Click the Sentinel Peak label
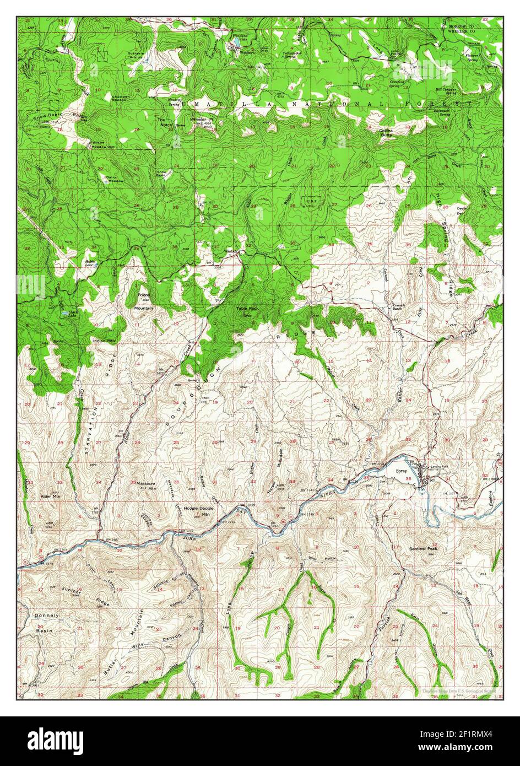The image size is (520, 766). coord(422,549)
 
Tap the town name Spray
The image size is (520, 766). coord(402,472)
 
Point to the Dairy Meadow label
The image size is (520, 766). coord(115,179)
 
